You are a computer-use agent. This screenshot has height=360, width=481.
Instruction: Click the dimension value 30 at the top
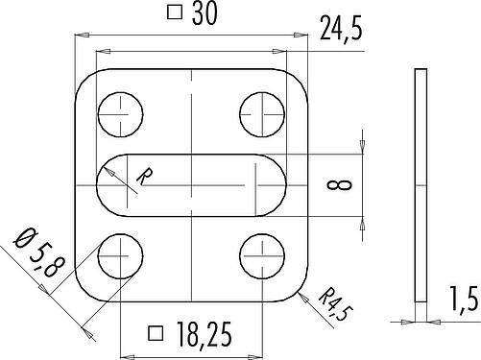click(204, 13)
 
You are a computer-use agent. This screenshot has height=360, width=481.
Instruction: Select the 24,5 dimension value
click(341, 29)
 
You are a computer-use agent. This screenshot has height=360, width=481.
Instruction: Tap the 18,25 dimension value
click(204, 334)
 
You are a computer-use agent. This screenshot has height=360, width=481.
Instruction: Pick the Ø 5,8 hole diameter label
click(39, 252)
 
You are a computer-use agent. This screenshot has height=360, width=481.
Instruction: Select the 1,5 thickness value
click(464, 299)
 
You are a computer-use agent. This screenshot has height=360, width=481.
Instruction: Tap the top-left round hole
click(120, 114)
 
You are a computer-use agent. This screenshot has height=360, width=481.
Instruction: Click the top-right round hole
click(262, 114)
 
